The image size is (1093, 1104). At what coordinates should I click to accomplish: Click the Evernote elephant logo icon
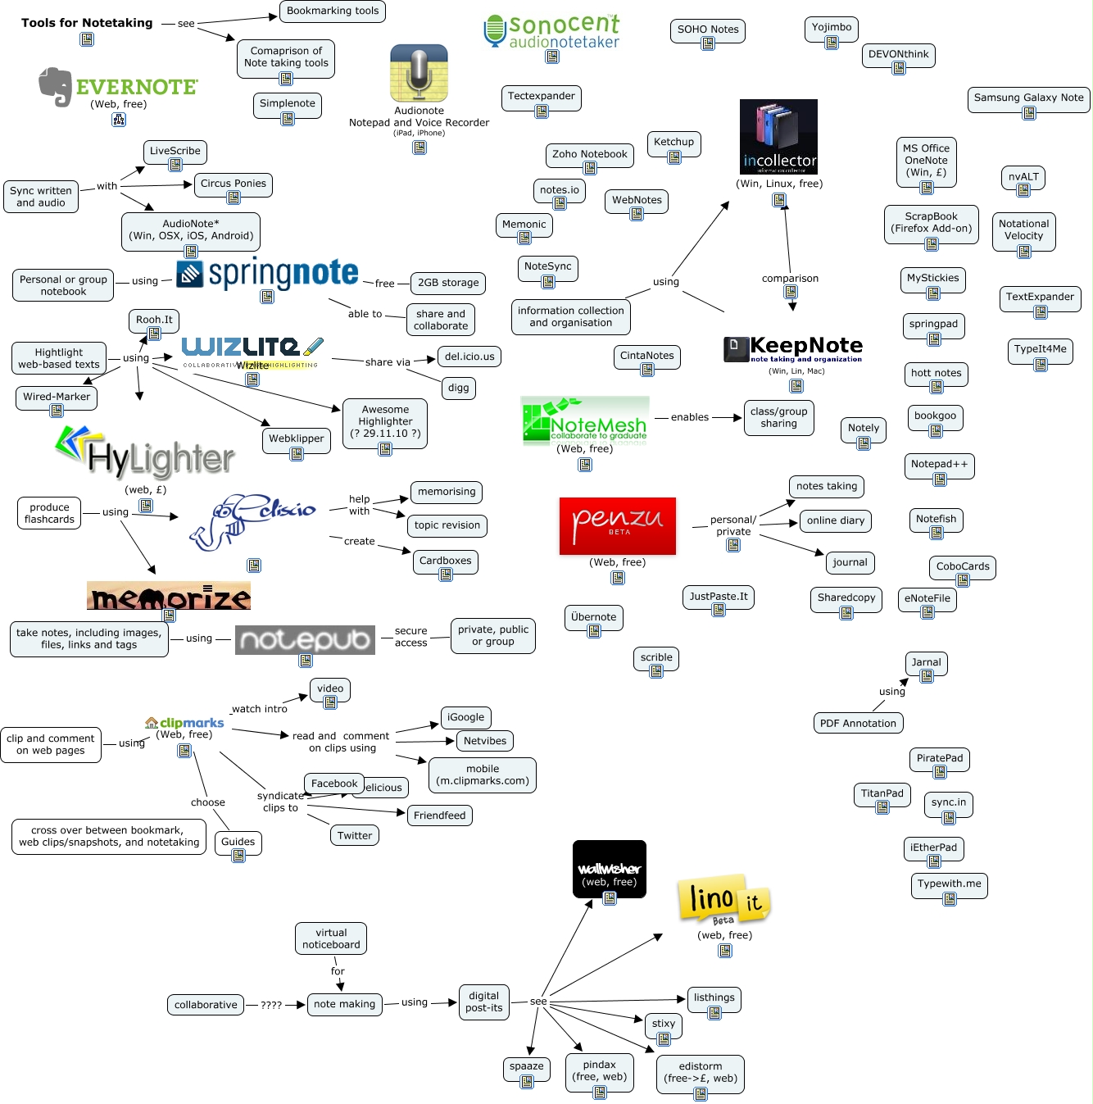(56, 86)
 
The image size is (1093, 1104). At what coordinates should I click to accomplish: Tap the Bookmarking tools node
(332, 11)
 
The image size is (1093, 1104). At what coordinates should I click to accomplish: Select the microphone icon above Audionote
(419, 73)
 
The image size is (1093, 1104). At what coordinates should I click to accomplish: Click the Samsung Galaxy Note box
(1028, 98)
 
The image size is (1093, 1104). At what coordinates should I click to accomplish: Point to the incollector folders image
(778, 136)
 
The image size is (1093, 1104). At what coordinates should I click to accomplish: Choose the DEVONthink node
(898, 55)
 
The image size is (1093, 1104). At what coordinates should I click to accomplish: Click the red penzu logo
(618, 525)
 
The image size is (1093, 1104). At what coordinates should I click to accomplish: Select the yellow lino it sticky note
(723, 900)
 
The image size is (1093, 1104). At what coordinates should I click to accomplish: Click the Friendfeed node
(439, 816)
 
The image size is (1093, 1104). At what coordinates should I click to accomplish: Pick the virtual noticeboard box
(331, 938)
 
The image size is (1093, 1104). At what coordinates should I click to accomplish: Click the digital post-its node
(483, 1002)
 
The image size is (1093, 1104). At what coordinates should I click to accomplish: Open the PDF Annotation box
(858, 723)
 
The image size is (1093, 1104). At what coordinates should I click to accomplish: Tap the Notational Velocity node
(1023, 230)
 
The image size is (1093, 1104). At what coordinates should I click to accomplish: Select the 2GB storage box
(448, 283)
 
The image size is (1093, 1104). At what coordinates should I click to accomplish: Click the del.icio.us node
(469, 357)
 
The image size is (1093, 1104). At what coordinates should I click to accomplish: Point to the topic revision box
(447, 525)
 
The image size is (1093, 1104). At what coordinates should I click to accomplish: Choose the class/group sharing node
(778, 417)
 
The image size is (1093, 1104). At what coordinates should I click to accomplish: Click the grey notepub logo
(305, 639)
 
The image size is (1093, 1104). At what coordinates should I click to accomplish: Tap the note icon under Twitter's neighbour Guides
(238, 856)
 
